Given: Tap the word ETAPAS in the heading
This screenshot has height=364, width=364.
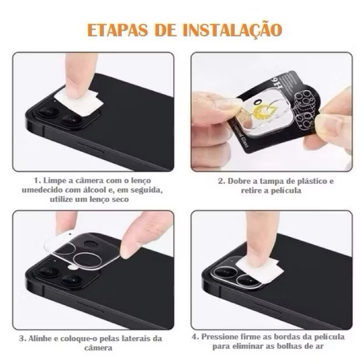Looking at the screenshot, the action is coord(117,30).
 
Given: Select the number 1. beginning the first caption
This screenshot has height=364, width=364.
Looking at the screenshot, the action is coord(37,180).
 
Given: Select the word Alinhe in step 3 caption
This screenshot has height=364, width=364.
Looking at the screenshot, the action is coord(40,339).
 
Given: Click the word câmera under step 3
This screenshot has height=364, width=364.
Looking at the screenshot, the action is coord(98,348).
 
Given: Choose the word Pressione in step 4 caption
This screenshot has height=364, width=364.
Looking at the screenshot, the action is coord(218,337).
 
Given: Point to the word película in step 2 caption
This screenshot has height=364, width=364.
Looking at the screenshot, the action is coord(286,191).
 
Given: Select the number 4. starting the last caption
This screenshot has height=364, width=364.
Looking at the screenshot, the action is coord(196,337).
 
